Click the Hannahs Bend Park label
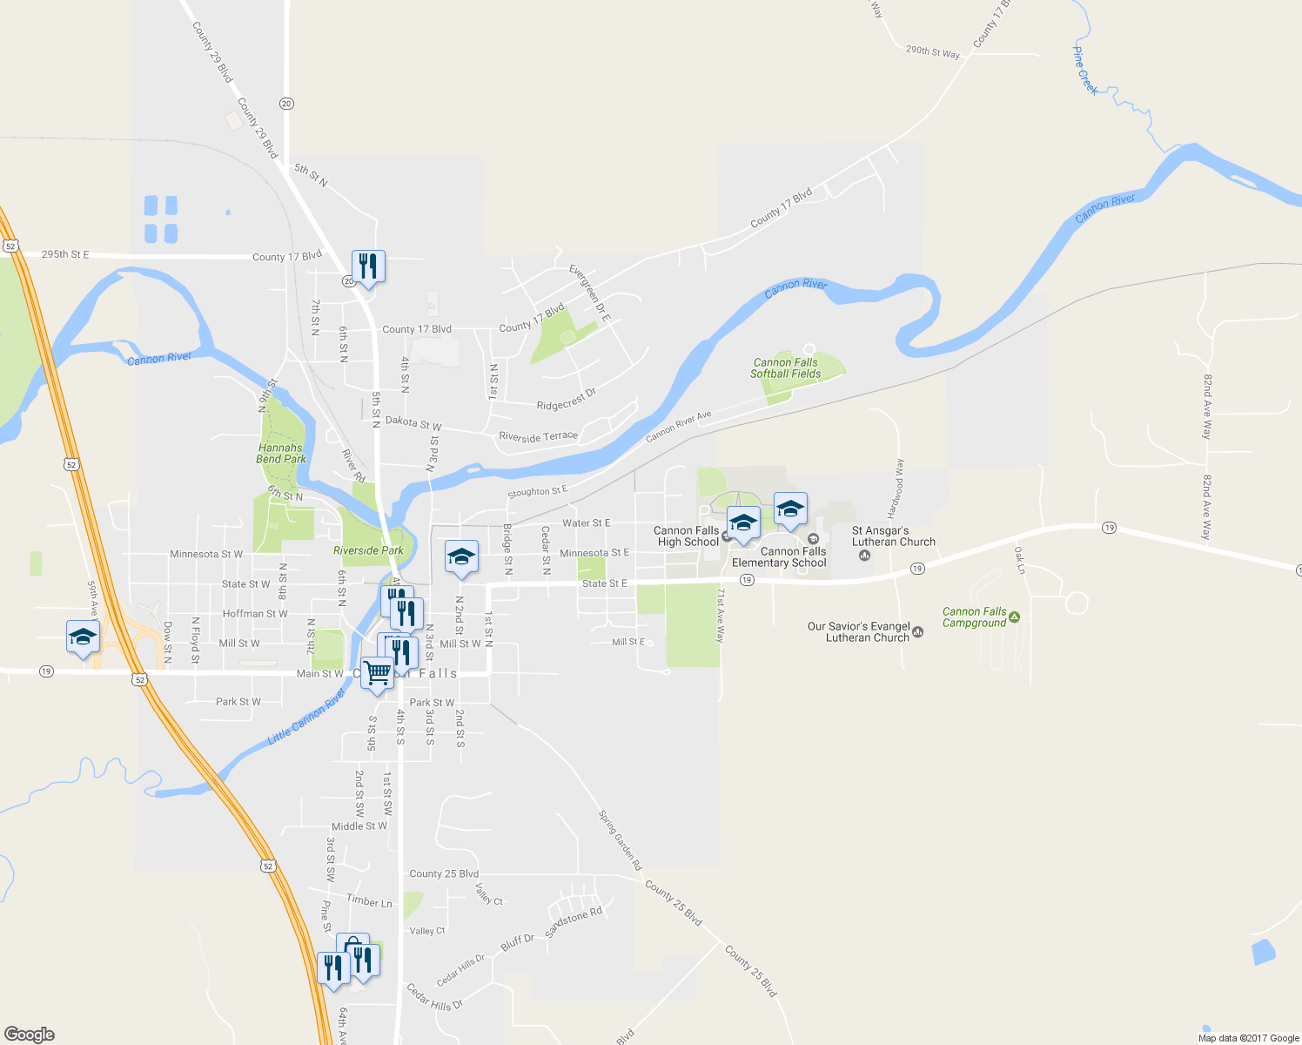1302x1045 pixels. pos(281,453)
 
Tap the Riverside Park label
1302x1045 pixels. pos(368,550)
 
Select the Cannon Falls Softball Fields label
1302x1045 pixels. pos(785,368)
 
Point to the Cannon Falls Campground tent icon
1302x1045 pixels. pos(1014,617)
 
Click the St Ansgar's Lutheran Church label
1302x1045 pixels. pos(893,536)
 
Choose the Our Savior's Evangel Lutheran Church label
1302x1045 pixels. pos(858,632)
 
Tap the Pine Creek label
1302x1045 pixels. pos(1084,71)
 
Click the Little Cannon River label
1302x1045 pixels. pos(306,717)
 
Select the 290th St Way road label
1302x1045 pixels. pos(932,51)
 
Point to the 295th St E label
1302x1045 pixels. pos(65,254)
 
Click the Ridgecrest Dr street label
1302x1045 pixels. pos(566,400)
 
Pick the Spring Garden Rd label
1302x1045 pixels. pos(620,839)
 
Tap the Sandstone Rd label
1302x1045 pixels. pos(573,922)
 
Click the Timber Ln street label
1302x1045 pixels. pos(369,901)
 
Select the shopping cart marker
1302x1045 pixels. pos(377,672)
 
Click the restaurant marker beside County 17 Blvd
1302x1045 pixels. pos(368,266)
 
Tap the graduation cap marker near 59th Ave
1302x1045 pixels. pos(83,637)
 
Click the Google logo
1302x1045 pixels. pos(29,1035)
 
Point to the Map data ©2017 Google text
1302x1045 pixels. pos(1248,1038)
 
